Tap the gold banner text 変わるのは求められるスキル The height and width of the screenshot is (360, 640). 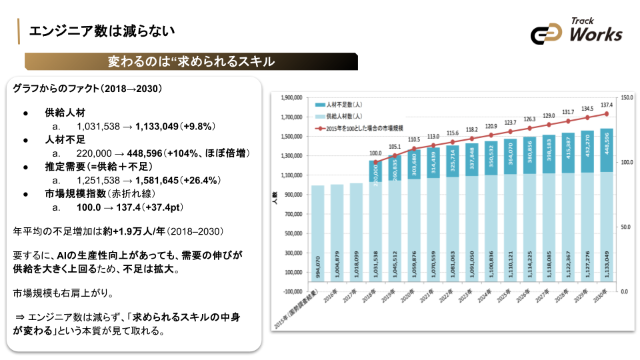coord(191,62)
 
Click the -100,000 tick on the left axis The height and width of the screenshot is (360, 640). coord(293,291)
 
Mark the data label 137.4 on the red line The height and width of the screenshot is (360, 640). coord(607,105)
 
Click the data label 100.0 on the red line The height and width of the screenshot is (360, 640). coord(375,153)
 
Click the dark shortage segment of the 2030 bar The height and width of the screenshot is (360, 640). coord(607,150)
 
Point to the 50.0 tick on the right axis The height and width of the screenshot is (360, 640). coord(627,227)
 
